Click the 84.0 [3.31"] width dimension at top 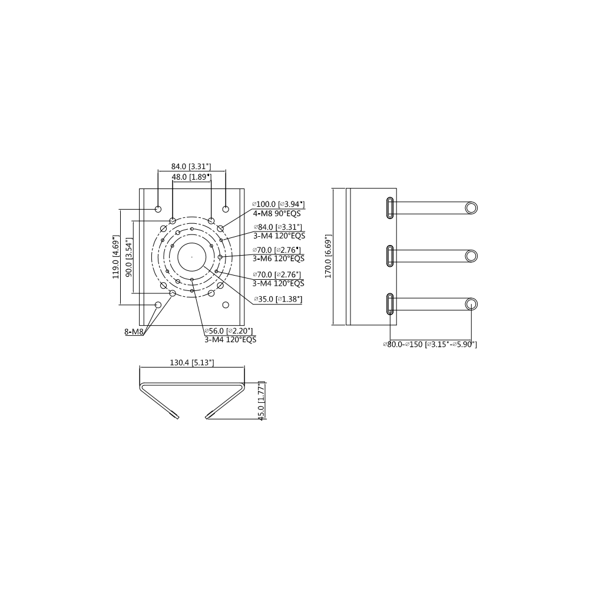pyautogui.click(x=191, y=167)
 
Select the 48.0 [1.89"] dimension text pyautogui.click(x=191, y=177)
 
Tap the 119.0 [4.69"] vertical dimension pyautogui.click(x=115, y=257)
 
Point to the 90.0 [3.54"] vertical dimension pyautogui.click(x=129, y=257)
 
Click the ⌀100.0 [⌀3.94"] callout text pyautogui.click(x=278, y=204)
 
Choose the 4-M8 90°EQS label pyautogui.click(x=277, y=213)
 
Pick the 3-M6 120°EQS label pyautogui.click(x=279, y=259)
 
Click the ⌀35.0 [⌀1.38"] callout pyautogui.click(x=278, y=299)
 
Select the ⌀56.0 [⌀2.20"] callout pyautogui.click(x=229, y=330)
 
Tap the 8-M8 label pyautogui.click(x=134, y=332)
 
